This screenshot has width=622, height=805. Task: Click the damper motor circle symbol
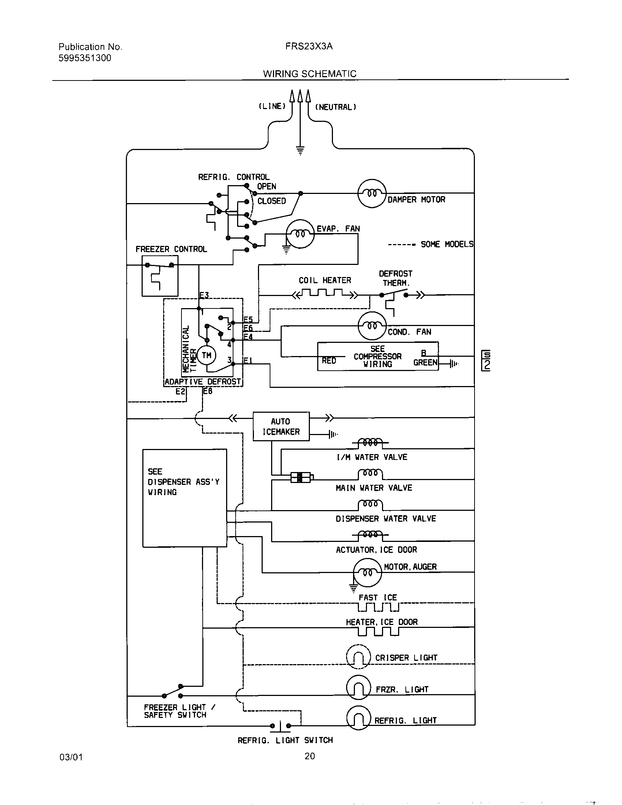point(372,193)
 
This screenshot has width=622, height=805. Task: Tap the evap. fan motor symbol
point(300,234)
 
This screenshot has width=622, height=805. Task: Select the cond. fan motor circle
point(372,326)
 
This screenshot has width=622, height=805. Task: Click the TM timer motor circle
point(206,355)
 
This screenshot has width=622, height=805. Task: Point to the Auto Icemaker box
point(281,426)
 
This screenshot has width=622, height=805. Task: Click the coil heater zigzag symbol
point(324,294)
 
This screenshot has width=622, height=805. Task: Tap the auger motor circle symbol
point(367,572)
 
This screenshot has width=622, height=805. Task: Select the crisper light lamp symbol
point(358,656)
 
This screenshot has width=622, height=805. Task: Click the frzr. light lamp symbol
point(358,688)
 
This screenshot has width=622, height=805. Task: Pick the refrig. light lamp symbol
point(358,718)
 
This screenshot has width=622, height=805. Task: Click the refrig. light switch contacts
point(280,726)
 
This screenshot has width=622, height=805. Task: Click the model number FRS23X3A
point(309,46)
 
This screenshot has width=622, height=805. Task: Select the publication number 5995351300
point(85,58)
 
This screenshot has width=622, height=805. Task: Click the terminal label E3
point(204,295)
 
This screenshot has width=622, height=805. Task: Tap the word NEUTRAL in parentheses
point(335,107)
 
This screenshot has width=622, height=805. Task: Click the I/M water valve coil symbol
point(370,442)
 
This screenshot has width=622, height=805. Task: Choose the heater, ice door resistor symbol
point(378,632)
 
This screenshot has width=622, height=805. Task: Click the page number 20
point(310,756)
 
